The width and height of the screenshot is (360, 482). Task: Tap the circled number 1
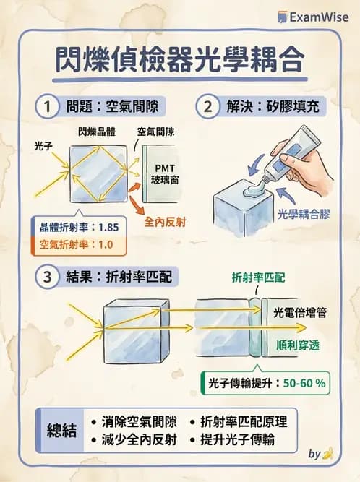pyautogui.click(x=48, y=108)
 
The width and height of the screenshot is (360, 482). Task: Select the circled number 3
pyautogui.click(x=48, y=276)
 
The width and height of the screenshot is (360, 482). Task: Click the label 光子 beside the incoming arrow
pyautogui.click(x=43, y=146)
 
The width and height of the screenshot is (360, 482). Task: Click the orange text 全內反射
pyautogui.click(x=166, y=222)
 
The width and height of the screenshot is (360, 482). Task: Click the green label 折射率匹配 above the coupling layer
pyautogui.click(x=257, y=277)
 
